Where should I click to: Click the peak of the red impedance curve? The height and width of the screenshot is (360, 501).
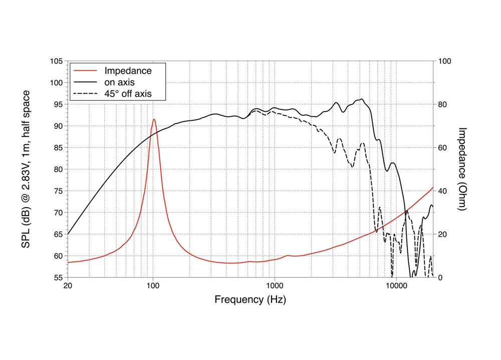pos(154,119)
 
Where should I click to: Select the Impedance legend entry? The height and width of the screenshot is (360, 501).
pos(127,71)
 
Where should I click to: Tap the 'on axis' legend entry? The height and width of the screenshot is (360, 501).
pos(119,82)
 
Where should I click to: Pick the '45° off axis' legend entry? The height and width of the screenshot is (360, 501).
pos(127,93)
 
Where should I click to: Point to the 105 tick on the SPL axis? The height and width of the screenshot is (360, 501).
pos(56,61)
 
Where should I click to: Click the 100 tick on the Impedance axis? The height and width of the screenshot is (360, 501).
pos(445,61)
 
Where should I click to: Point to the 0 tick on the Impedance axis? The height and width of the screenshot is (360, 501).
pos(441,277)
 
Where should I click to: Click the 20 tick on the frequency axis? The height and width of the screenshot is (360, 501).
pos(68,286)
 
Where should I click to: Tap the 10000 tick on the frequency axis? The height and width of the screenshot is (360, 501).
pos(395,286)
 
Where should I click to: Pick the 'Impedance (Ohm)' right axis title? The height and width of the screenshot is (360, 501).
pos(463,169)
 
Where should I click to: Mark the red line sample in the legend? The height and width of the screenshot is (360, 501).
pos(85,71)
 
